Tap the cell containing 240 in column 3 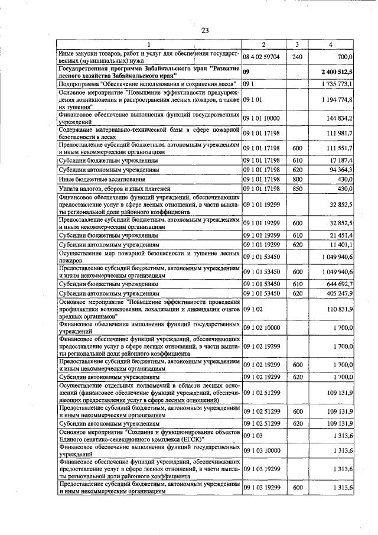[297, 57]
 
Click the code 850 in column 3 [297, 189]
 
